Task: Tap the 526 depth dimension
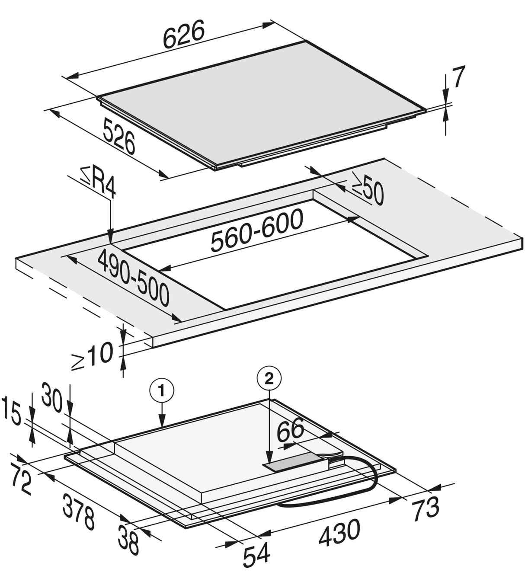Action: pyautogui.click(x=119, y=136)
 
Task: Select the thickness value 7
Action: pyautogui.click(x=458, y=78)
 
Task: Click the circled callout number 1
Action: pyautogui.click(x=162, y=390)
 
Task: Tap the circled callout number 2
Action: pyautogui.click(x=269, y=378)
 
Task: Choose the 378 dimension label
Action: pyautogui.click(x=78, y=512)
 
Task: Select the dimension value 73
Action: pyautogui.click(x=426, y=508)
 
